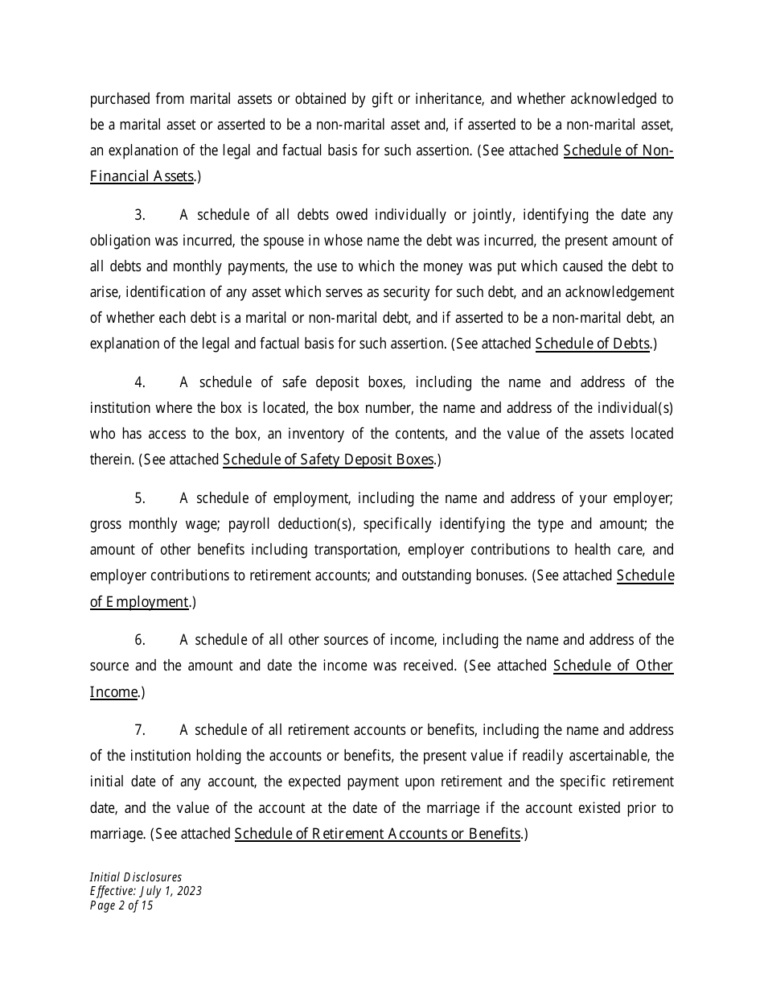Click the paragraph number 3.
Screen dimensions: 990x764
click(x=140, y=215)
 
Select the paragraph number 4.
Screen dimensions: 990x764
click(x=140, y=382)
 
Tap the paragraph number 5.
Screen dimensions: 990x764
click(x=140, y=498)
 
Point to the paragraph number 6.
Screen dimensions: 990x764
click(x=140, y=640)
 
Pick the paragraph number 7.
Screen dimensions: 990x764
click(x=140, y=730)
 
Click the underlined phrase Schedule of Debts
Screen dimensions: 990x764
click(x=593, y=344)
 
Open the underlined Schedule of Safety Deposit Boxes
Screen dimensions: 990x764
click(x=328, y=460)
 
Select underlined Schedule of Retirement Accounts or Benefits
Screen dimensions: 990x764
click(x=377, y=833)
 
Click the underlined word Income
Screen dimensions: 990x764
click(x=113, y=691)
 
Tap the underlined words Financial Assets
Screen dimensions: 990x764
click(x=142, y=176)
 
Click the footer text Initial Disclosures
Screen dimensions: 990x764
click(x=136, y=877)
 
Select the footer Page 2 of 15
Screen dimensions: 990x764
click(x=121, y=905)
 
